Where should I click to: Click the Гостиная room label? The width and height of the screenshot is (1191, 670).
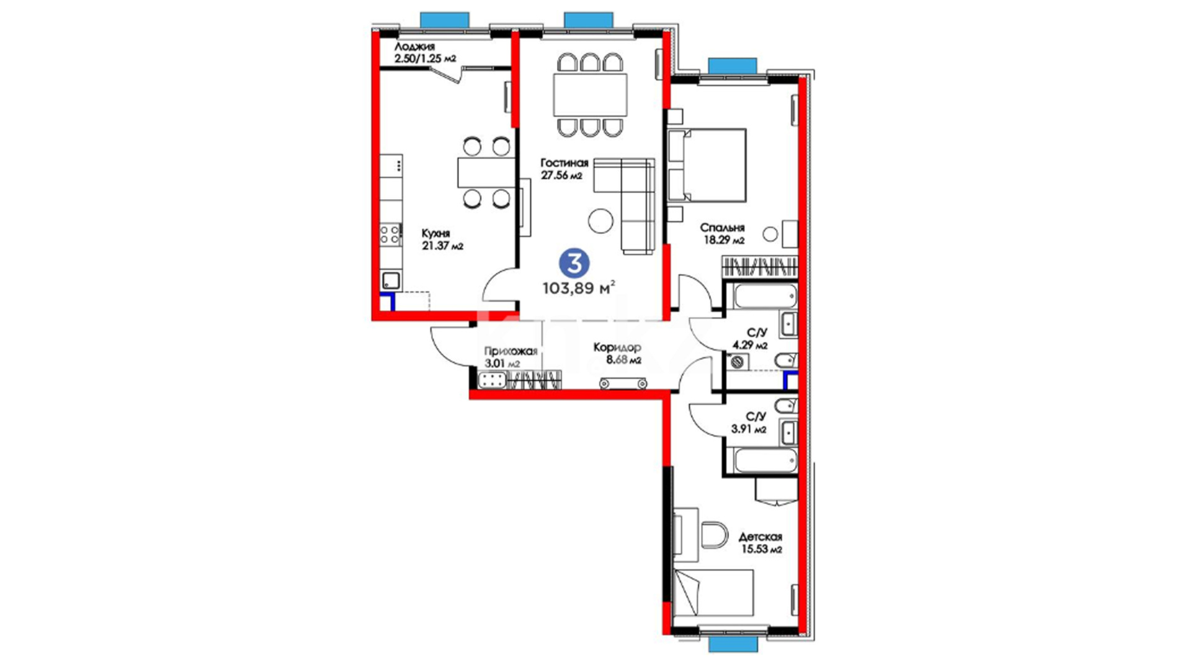[x=564, y=163]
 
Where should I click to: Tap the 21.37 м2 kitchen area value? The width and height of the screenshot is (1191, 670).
[x=442, y=246]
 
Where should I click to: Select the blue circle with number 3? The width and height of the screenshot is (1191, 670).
[x=574, y=264]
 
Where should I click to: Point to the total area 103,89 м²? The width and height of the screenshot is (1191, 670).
[x=579, y=288]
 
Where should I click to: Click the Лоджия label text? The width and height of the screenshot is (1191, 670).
[x=414, y=47]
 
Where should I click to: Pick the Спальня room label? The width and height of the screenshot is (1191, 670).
[x=722, y=228]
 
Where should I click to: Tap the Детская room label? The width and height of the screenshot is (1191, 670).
[x=760, y=537]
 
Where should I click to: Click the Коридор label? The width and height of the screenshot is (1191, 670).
[x=617, y=348]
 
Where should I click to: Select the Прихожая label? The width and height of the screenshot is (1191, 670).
[x=511, y=352]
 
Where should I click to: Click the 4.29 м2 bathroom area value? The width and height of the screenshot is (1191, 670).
[x=750, y=345]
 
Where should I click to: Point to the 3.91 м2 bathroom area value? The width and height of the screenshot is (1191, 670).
[x=749, y=429]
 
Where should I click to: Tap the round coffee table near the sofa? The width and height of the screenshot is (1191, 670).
[x=600, y=220]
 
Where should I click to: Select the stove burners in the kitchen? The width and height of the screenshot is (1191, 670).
[x=390, y=234]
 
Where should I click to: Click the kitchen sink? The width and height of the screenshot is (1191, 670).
[x=391, y=280]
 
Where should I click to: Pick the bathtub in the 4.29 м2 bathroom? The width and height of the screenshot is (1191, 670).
[x=765, y=297]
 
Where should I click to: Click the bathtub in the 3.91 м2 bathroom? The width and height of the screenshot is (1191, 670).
[x=765, y=461]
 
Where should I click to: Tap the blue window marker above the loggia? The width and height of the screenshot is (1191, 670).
[x=444, y=20]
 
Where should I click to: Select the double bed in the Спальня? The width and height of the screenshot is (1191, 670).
[x=707, y=166]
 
